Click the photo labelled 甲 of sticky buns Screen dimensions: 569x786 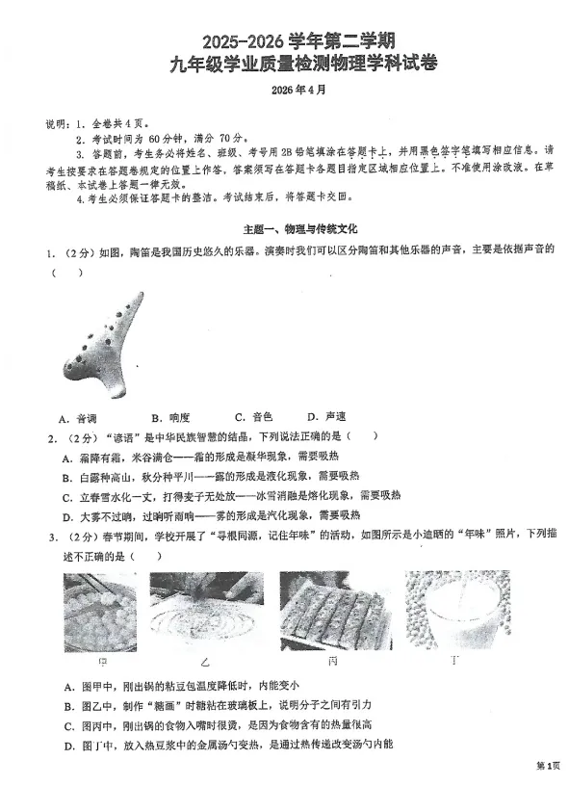[x=99, y=612]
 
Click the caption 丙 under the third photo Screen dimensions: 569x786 [x=332, y=663]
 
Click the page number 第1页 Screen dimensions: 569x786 [x=547, y=766]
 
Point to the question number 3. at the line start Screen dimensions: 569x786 [x=50, y=534]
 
